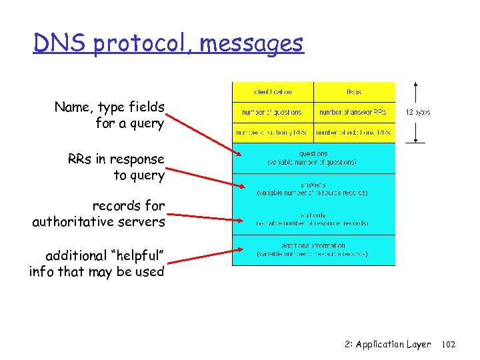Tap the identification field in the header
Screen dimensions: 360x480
coord(273,92)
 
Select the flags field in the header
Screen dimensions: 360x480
coord(354,92)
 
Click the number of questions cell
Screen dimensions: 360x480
coord(273,112)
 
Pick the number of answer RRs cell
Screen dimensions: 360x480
coord(354,112)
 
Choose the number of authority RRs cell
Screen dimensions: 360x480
coord(273,132)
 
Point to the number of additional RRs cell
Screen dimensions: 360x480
coord(354,132)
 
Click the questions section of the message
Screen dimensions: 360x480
coord(313,157)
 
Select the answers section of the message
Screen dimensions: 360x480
coord(313,188)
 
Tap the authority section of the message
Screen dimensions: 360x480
coord(313,219)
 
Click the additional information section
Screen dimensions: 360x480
coord(313,249)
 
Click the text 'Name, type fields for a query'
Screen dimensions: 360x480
coord(109,115)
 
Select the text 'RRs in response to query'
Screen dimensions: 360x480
coord(115,167)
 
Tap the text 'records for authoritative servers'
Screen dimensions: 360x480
coord(99,213)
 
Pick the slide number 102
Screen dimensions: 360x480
coord(449,345)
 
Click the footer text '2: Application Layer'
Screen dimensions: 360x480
coord(388,345)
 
